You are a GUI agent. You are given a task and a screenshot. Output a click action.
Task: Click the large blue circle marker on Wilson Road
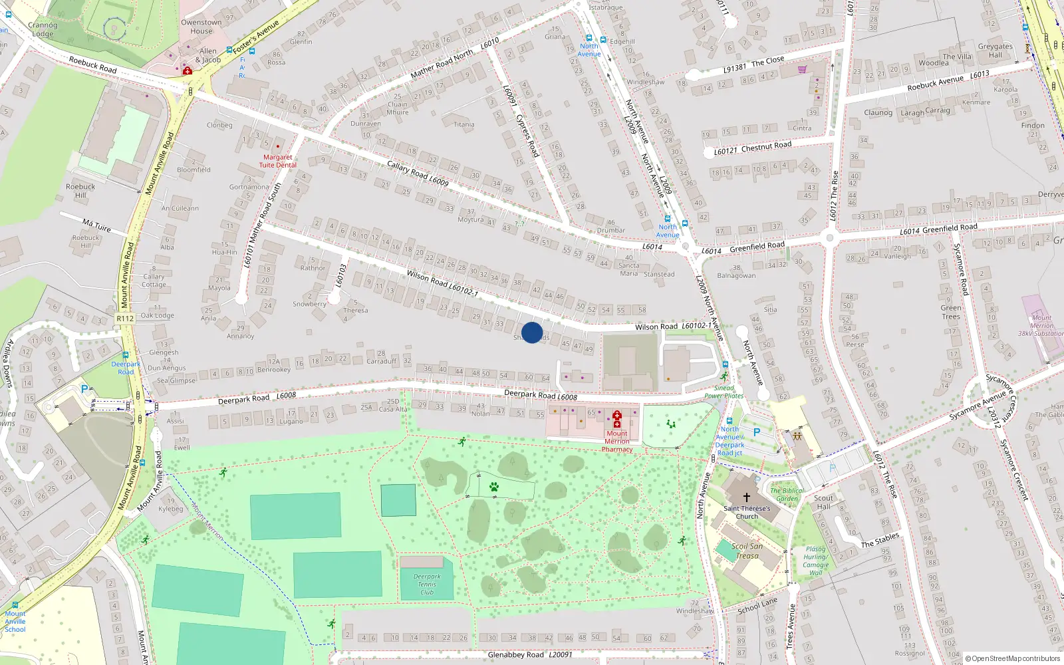point(532,332)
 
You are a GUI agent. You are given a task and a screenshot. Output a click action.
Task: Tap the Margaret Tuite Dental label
point(277,161)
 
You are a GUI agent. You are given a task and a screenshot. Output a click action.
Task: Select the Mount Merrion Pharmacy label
point(617,441)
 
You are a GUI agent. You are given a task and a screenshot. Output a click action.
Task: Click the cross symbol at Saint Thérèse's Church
point(746,497)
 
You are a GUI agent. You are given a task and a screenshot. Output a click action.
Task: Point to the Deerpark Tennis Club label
point(427,585)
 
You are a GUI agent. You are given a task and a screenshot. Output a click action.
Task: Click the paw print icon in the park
point(494,487)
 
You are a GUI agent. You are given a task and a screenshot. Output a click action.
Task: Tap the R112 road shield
point(125,319)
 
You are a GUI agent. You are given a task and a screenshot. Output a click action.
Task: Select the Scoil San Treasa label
point(747,551)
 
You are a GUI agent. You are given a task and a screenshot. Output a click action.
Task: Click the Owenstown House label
point(201,27)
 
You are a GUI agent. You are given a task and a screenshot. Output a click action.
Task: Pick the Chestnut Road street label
point(766,146)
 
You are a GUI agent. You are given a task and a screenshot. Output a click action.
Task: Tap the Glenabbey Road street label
point(515,655)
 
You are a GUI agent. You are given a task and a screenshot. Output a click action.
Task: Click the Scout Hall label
point(823,502)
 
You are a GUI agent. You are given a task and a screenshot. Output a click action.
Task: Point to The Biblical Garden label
point(787,495)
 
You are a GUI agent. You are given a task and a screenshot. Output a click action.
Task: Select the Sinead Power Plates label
point(724,392)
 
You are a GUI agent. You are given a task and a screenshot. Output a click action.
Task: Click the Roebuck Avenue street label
point(935,82)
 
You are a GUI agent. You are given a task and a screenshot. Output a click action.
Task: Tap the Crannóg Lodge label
point(43,29)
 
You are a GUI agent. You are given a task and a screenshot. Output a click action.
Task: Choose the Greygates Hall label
point(995,51)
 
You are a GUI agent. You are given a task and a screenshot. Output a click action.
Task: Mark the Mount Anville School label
point(15,621)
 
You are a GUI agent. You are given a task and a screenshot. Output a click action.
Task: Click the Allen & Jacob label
point(207,55)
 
